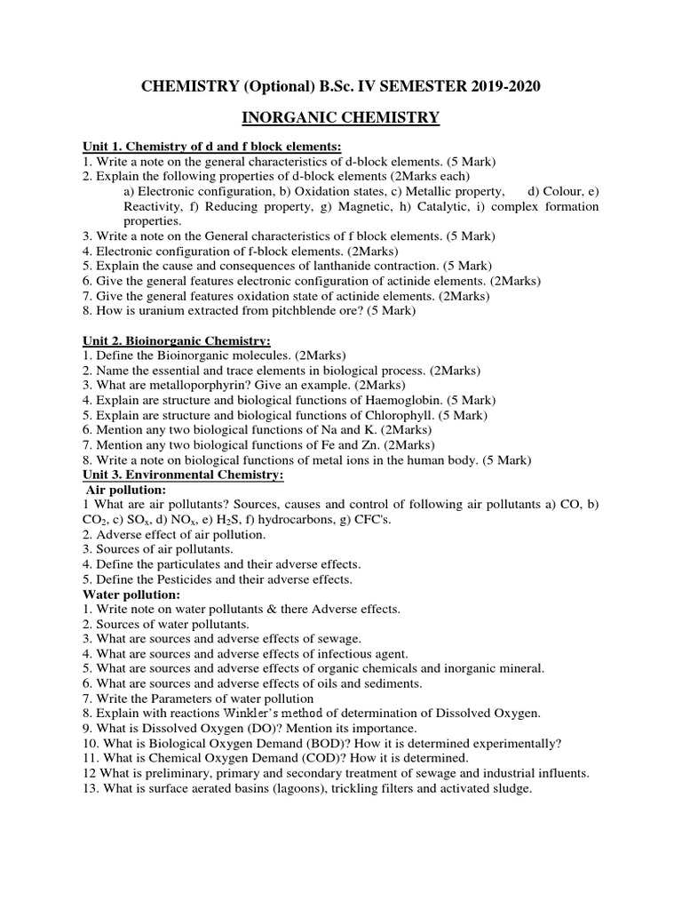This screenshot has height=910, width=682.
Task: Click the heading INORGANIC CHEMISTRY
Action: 341,117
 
